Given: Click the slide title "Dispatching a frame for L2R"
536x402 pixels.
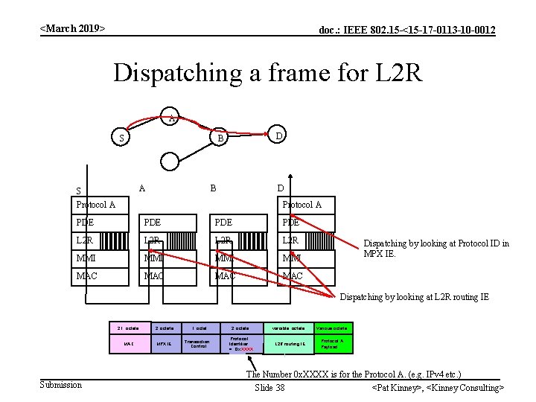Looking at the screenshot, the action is [x=268, y=73].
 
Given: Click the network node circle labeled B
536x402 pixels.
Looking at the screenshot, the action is [x=219, y=138].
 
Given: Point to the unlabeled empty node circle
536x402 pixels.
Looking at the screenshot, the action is [x=170, y=162].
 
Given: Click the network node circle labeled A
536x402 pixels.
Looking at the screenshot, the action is [x=171, y=117].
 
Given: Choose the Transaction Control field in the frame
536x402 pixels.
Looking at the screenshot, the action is [x=199, y=344].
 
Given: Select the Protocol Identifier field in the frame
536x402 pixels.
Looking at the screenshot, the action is [x=240, y=344].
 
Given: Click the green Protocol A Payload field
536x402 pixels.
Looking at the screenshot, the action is [x=331, y=344].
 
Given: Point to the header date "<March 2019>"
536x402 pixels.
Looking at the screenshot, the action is [x=72, y=28].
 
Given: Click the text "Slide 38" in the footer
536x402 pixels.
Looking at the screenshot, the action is [x=269, y=388].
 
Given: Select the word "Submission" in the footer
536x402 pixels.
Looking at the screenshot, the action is [x=60, y=384].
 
